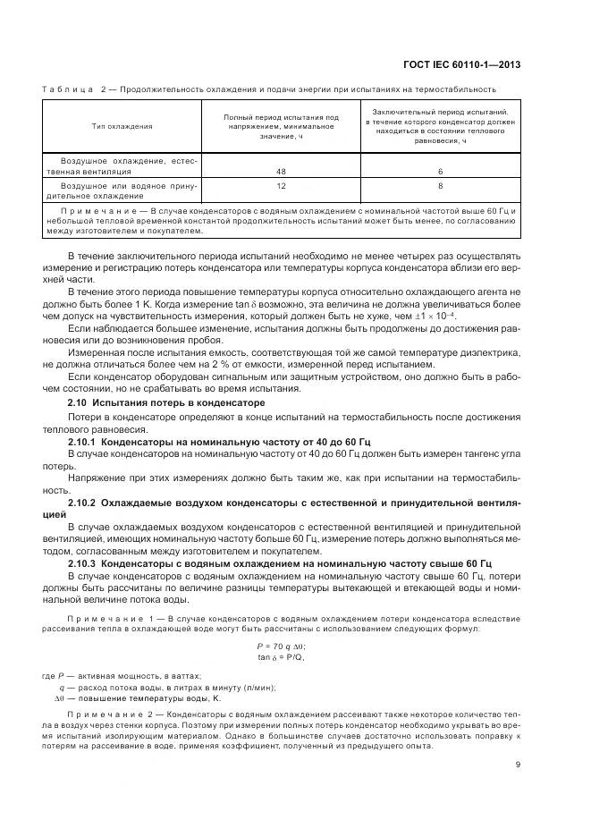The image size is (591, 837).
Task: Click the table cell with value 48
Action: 282,169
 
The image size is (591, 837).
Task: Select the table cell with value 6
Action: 438,169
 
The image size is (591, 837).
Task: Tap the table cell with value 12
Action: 282,185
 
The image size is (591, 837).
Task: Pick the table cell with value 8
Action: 438,185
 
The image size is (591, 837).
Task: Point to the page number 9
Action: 518,764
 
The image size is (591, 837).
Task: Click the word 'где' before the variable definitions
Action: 48,675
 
